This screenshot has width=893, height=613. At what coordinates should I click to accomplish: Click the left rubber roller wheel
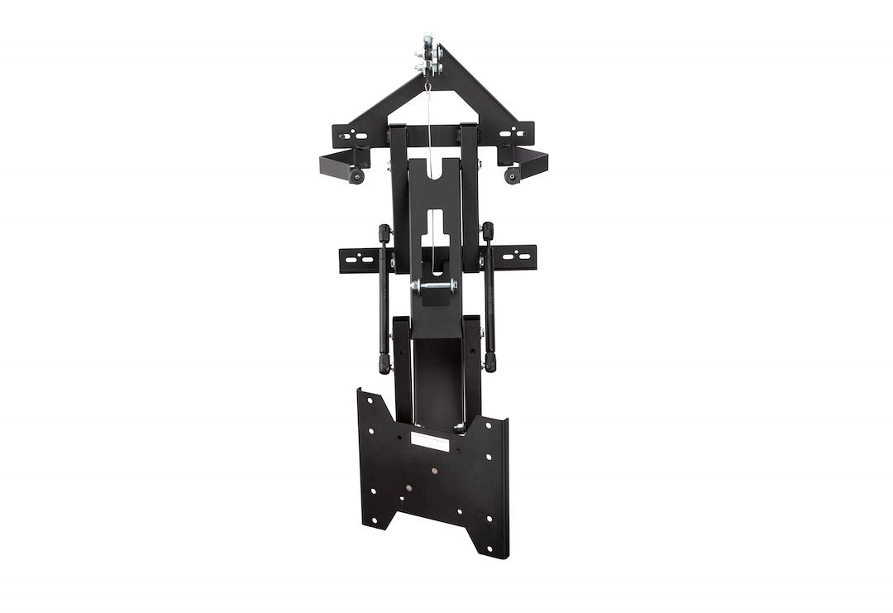click(x=356, y=178)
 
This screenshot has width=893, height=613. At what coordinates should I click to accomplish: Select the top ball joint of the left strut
click(x=384, y=232)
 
